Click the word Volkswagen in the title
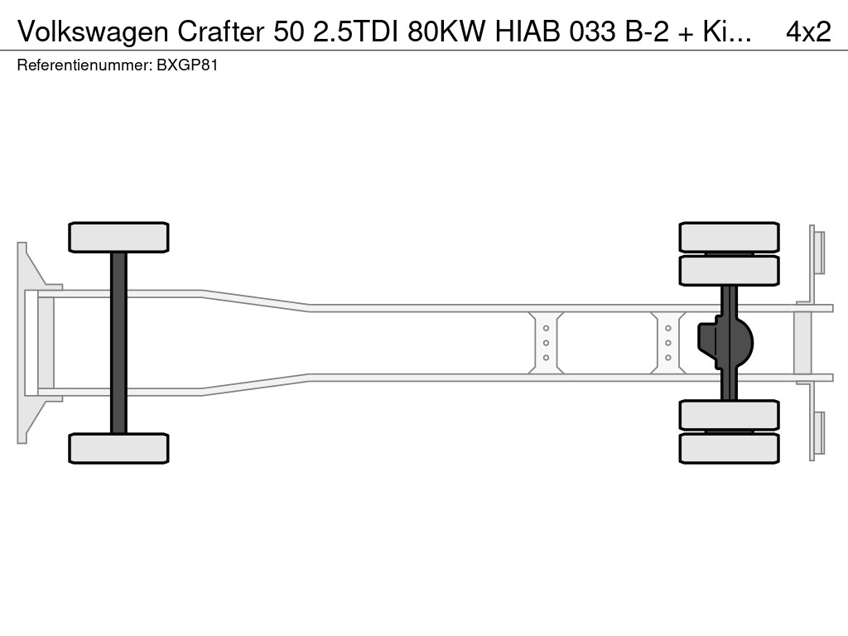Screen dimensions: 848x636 93,32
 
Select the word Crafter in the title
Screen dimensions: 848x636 221,32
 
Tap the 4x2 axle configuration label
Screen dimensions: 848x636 808,32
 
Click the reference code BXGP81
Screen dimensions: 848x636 187,65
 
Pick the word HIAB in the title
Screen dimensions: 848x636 528,32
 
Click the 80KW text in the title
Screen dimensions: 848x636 446,32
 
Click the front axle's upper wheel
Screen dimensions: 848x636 118,237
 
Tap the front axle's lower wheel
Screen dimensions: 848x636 118,448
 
